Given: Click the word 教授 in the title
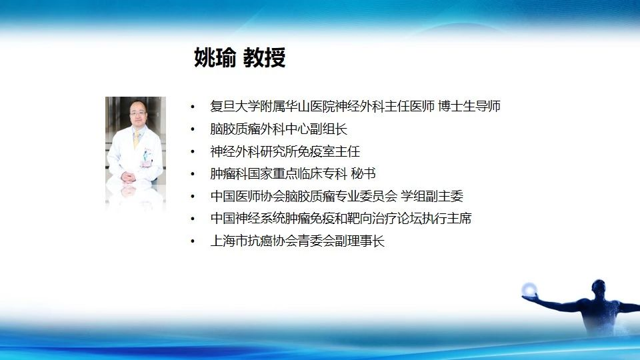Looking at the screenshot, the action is [264, 57].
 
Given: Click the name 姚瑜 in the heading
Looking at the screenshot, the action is [215, 57].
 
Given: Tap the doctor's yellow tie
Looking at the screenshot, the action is [136, 139].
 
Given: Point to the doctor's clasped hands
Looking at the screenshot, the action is [128, 177].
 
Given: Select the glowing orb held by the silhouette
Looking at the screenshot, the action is [529, 289].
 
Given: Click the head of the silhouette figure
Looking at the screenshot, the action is [599, 287].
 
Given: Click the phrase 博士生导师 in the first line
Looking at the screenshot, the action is [469, 106].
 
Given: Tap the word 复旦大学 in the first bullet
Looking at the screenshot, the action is [235, 106].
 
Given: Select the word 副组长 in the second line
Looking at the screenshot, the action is [329, 129].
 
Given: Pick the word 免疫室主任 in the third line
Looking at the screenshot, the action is [329, 151].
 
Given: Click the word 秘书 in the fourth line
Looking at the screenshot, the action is [363, 173].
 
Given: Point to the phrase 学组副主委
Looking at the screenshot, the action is [432, 196].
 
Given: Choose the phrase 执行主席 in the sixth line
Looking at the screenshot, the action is [447, 219].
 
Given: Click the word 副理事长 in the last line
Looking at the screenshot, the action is [360, 241].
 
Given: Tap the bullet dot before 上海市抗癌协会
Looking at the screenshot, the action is [193, 241].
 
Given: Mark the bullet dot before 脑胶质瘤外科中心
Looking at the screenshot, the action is [193, 129].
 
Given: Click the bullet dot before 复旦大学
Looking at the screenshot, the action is [193, 107].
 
